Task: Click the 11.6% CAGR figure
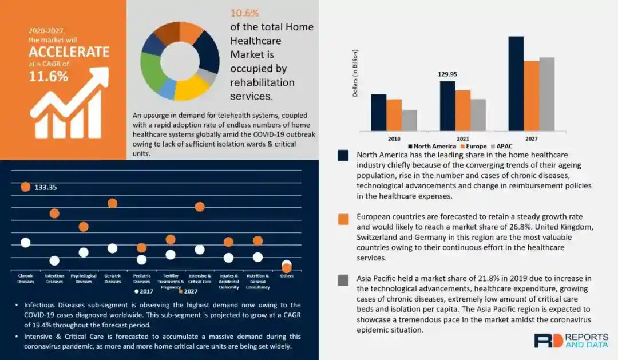(x=49, y=76)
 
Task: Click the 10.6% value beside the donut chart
(x=245, y=13)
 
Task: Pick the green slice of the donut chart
(x=151, y=73)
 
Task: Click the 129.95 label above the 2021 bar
(x=447, y=74)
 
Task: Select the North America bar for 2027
(x=516, y=84)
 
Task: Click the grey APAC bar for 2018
(x=409, y=120)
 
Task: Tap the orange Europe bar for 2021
(x=462, y=110)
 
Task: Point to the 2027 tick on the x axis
(x=532, y=139)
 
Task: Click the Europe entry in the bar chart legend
(x=474, y=147)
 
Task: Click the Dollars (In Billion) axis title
(x=355, y=73)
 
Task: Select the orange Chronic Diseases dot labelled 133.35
(x=25, y=187)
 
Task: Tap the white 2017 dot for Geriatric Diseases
(x=112, y=248)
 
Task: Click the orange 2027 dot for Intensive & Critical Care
(x=200, y=207)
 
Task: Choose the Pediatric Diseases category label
(x=142, y=278)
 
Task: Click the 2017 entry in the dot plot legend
(x=146, y=291)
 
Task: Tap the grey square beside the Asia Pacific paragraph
(x=343, y=280)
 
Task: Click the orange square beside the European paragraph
(x=343, y=219)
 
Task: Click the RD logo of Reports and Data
(x=548, y=340)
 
